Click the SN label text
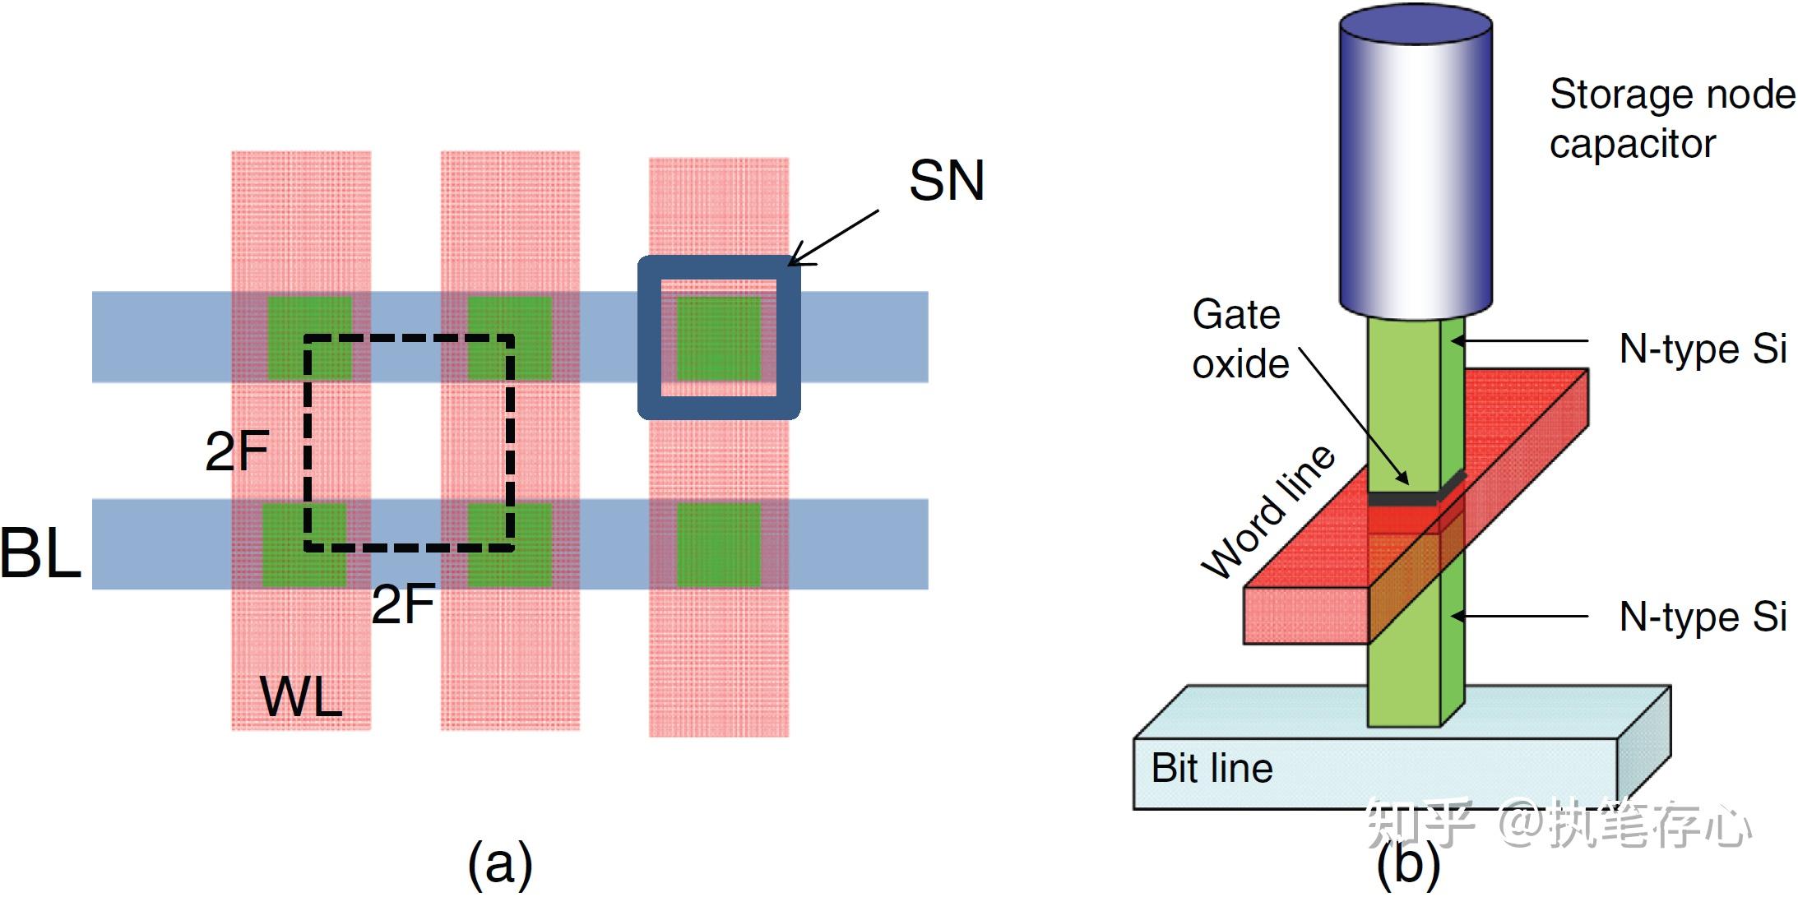pyautogui.click(x=947, y=180)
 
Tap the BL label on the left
pyautogui.click(x=40, y=553)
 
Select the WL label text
pyautogui.click(x=301, y=697)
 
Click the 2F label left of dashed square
pyautogui.click(x=237, y=451)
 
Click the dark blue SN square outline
pyautogui.click(x=719, y=338)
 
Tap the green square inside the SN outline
pyautogui.click(x=719, y=338)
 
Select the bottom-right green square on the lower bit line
pyautogui.click(x=719, y=544)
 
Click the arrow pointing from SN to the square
pyautogui.click(x=833, y=238)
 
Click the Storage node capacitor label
pyautogui.click(x=1672, y=119)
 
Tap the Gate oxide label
pyautogui.click(x=1240, y=340)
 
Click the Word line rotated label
pyautogui.click(x=1267, y=512)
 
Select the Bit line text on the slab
pyautogui.click(x=1212, y=769)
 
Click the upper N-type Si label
pyautogui.click(x=1703, y=349)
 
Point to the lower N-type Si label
pyautogui.click(x=1703, y=617)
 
